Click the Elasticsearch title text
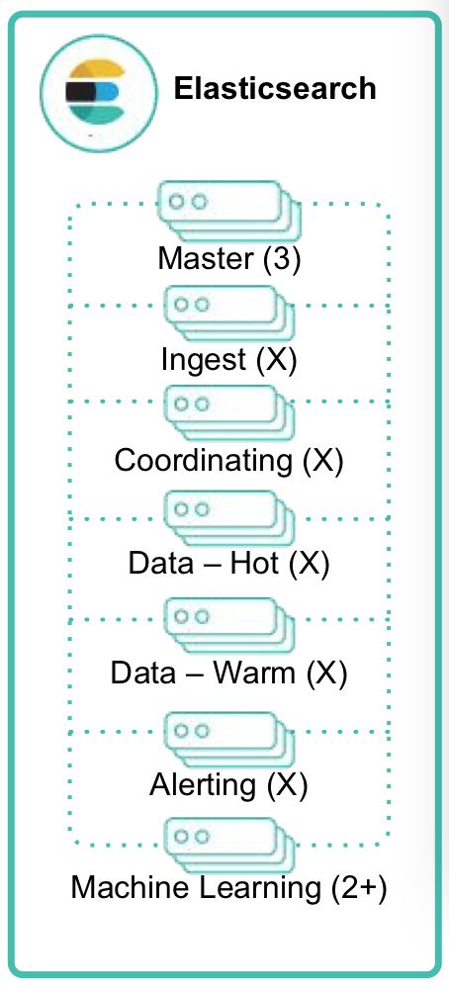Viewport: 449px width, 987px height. click(x=275, y=88)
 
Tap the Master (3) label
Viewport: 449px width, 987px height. click(x=229, y=259)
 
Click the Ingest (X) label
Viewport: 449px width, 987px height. click(x=228, y=360)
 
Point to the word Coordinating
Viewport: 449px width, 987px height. click(x=204, y=462)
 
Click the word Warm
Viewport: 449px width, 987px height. click(x=254, y=673)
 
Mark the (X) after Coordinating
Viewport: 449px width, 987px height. click(x=322, y=462)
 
